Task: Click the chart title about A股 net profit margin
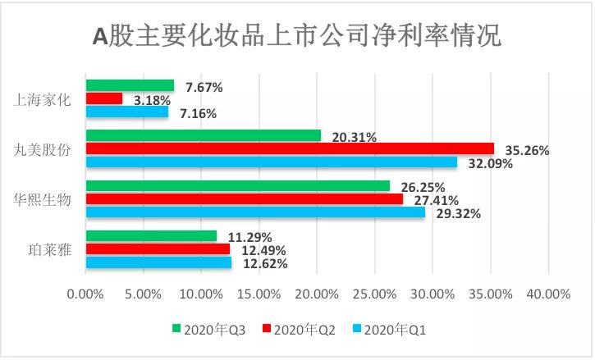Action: pyautogui.click(x=296, y=36)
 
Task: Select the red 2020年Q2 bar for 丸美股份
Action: pyautogui.click(x=290, y=148)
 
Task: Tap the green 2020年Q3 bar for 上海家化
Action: pyautogui.click(x=130, y=85)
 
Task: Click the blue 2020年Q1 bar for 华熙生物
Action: pyautogui.click(x=255, y=212)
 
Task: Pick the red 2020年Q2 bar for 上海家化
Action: pyautogui.click(x=104, y=98)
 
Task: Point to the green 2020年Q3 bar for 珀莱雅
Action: pyautogui.click(x=151, y=236)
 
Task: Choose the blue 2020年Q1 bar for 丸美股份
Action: pyautogui.click(x=272, y=162)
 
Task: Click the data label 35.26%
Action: pyautogui.click(x=527, y=151)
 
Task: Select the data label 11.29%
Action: pyautogui.click(x=249, y=238)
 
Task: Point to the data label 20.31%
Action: pyautogui.click(x=355, y=138)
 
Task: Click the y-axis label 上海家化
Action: pyautogui.click(x=44, y=100)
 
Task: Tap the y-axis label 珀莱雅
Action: pyautogui.click(x=50, y=250)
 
